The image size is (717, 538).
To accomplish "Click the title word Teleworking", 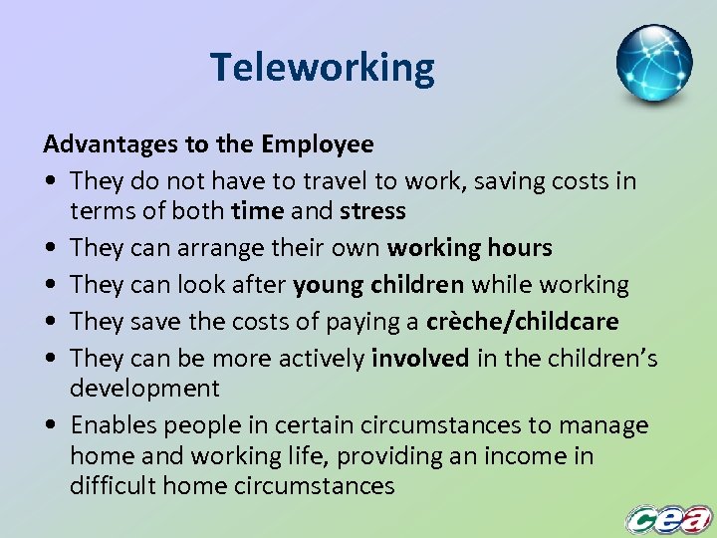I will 323,68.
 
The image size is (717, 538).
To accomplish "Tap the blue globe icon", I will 653,64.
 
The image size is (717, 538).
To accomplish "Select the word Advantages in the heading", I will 111,144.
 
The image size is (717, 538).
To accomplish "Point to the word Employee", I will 318,145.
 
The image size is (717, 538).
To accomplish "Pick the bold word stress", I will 372,211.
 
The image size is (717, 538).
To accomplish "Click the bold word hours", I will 518,247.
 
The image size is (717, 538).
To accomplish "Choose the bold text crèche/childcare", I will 522,321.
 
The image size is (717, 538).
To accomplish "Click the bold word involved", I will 419,358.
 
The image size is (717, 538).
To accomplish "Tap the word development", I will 144,388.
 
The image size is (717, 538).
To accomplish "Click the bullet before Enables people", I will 50,426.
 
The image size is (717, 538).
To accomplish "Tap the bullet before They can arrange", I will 50,248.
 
